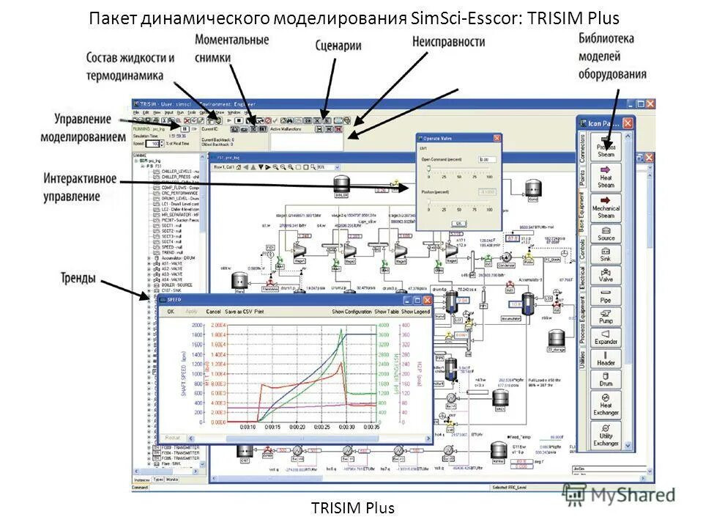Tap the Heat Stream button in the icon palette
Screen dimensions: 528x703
click(606, 177)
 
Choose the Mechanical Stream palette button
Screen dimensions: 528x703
click(606, 208)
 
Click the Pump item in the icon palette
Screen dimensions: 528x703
click(606, 317)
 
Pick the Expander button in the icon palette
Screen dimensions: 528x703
click(606, 337)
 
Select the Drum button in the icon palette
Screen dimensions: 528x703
click(606, 378)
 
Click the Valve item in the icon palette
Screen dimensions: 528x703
click(606, 275)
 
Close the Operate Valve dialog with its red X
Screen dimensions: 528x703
click(496, 138)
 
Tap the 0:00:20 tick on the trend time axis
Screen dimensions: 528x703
click(297, 427)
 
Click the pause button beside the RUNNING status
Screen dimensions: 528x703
click(185, 128)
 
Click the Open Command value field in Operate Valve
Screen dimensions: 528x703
click(487, 159)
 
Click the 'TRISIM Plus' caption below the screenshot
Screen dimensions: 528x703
click(352, 507)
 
